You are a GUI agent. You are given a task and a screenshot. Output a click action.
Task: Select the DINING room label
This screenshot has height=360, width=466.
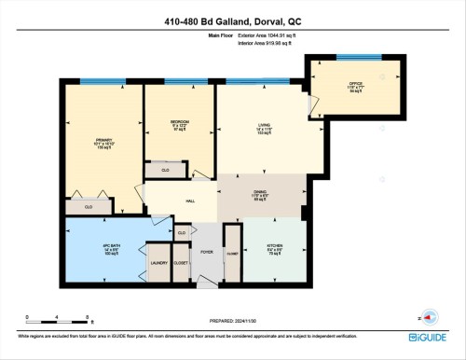coord(260,192)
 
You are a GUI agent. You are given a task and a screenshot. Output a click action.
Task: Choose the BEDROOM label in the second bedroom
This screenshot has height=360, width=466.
coord(180,122)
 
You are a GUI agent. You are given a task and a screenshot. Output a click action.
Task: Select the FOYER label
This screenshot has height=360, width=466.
coord(207,251)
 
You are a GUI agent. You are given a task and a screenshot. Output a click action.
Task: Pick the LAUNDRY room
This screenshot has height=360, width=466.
coord(159,263)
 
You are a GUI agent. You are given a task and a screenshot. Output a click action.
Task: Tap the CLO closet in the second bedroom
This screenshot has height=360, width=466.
coord(164,171)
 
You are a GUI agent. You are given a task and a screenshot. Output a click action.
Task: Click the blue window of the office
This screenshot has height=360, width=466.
coord(358,58)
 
